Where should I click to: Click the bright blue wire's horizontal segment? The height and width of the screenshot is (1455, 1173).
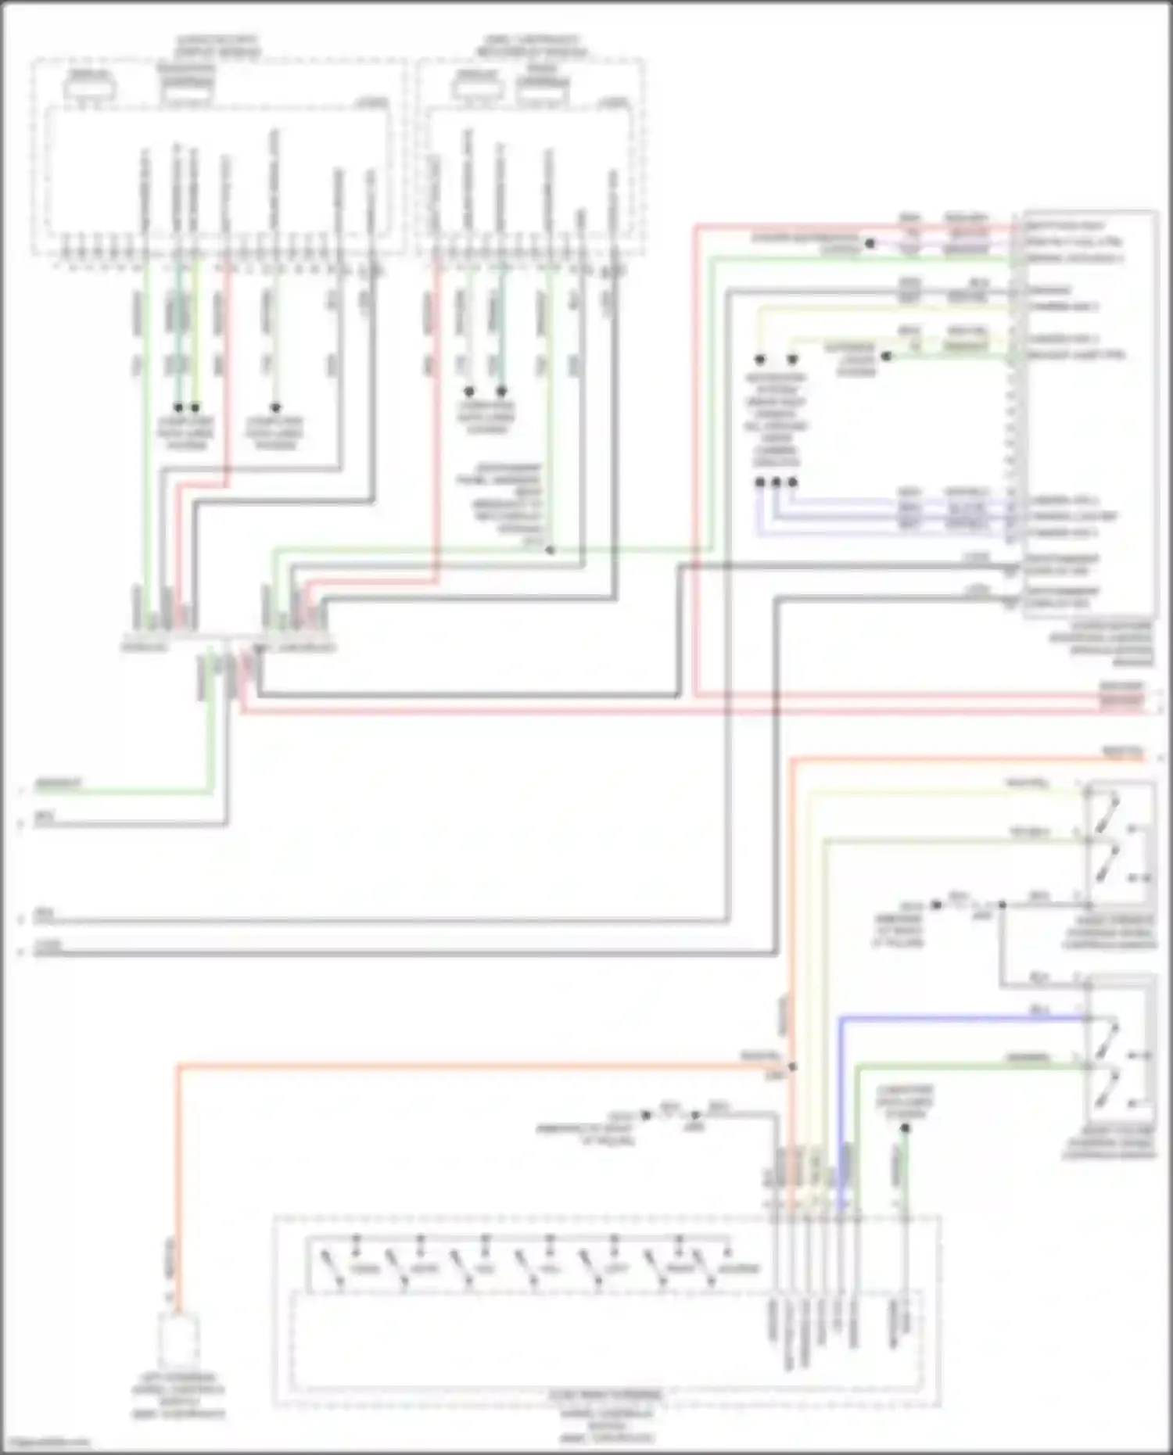pos(962,1018)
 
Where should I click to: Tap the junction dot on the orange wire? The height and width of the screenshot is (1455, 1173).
pos(792,1066)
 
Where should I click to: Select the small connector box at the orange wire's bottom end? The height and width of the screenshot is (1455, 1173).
pos(178,1339)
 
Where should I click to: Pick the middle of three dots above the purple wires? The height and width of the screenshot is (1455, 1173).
pos(776,482)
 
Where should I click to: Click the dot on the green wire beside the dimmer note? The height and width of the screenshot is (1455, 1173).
pos(550,550)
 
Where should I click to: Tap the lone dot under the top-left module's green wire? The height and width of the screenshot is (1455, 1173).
pos(275,407)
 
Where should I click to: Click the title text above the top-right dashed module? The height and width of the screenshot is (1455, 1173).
pos(532,45)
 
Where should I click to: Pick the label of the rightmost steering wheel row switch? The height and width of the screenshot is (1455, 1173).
pos(739,1268)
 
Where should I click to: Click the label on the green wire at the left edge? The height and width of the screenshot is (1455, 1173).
pos(59,783)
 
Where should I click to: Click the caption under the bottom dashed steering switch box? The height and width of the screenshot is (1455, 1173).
pos(606,1417)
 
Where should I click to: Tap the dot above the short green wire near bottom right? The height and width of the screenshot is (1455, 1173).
pos(905,1128)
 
